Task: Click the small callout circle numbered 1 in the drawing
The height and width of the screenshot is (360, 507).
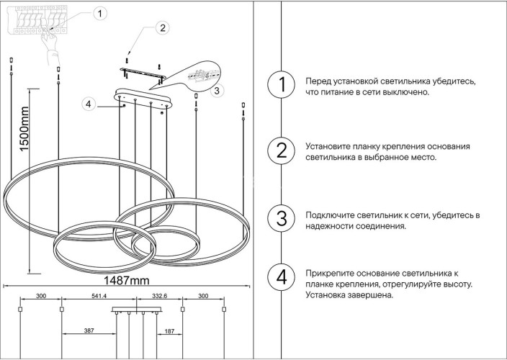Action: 100,12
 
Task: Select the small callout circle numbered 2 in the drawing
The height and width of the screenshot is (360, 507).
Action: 163,29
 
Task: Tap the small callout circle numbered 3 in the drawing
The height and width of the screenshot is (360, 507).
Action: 217,91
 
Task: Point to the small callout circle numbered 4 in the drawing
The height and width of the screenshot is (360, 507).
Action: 88,105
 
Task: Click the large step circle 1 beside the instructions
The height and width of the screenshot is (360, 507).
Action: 282,86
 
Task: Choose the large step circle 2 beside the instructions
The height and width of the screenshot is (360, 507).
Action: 282,150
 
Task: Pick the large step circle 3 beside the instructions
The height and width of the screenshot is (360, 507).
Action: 282,219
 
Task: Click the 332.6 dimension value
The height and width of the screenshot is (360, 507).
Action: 160,296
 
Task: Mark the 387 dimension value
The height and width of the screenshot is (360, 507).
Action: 89,330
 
